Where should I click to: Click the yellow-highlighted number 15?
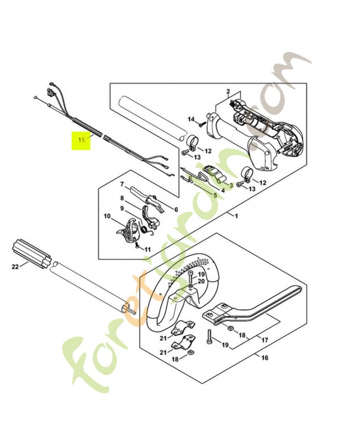[x=82, y=140]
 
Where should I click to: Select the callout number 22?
[x=15, y=268]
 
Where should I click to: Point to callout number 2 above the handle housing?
[x=227, y=91]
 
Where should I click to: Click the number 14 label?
[x=191, y=119]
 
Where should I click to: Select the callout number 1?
[x=236, y=215]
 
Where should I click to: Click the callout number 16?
[x=265, y=357]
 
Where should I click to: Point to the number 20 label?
[x=202, y=281]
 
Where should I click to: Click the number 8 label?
[x=123, y=198]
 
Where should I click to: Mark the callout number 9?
[x=123, y=208]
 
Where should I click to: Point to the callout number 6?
[x=176, y=209]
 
